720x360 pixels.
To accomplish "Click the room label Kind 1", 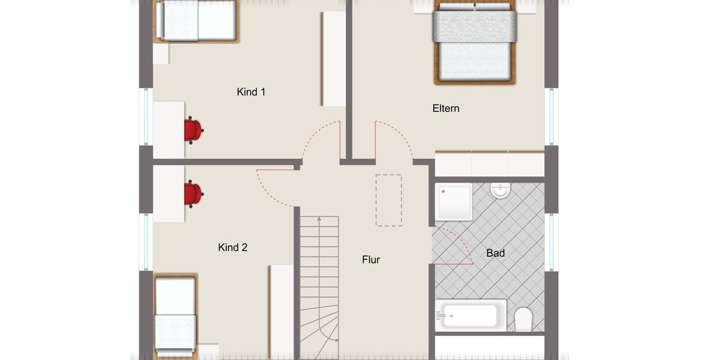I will (251, 92).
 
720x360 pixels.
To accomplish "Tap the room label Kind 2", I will (233, 247).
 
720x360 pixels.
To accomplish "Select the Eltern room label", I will (446, 109).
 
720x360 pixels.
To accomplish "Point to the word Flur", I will (371, 260).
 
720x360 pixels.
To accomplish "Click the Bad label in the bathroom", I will (495, 253).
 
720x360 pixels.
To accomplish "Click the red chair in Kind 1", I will (193, 130).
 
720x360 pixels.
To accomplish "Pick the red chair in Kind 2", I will (193, 194).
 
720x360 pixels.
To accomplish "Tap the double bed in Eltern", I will (475, 42).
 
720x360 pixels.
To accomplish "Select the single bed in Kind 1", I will (196, 20).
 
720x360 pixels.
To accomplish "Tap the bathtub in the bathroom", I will (470, 316).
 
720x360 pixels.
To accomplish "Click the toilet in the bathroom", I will (523, 319).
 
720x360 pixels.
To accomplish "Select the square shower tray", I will (454, 202).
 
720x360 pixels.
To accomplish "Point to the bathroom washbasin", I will (500, 190).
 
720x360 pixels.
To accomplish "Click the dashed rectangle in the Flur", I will (389, 200).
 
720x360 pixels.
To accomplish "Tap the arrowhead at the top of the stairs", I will (319, 220).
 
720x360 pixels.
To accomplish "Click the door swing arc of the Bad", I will (462, 240).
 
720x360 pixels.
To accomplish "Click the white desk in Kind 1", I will (169, 130).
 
